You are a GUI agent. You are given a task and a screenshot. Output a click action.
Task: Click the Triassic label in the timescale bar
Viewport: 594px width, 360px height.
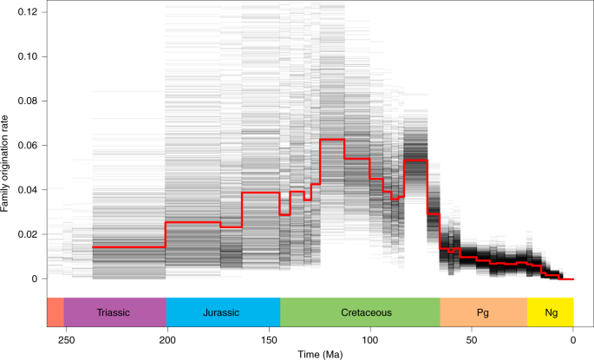point(114,311)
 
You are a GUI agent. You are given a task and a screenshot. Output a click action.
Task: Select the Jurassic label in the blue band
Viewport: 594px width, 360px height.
point(222,311)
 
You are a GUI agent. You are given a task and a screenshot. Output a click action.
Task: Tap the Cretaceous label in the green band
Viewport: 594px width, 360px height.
point(359,311)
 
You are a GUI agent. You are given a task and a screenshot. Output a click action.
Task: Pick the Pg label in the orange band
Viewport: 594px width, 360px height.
point(483,311)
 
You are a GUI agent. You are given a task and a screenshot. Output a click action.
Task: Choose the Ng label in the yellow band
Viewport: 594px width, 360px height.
point(551,311)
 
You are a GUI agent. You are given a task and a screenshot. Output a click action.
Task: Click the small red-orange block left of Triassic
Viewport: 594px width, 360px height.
point(55,311)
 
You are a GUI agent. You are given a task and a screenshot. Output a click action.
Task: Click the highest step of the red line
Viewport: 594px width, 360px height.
point(332,140)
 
